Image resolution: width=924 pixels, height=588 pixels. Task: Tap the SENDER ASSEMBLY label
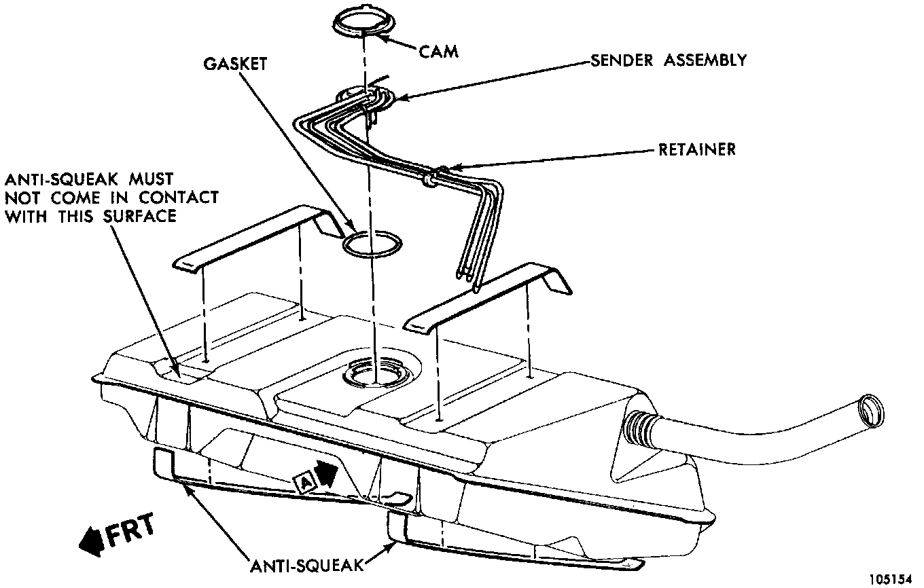(x=669, y=60)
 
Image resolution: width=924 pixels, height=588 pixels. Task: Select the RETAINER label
(x=696, y=149)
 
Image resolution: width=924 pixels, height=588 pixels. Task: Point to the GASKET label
(x=236, y=64)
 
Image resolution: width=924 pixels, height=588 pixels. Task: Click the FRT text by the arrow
(x=130, y=530)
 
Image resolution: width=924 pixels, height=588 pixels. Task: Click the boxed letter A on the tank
(x=305, y=481)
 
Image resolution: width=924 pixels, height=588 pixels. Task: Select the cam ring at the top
(x=365, y=23)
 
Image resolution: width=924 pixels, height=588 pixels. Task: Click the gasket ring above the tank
(x=371, y=245)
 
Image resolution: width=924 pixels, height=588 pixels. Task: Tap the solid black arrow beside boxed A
(x=326, y=474)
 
